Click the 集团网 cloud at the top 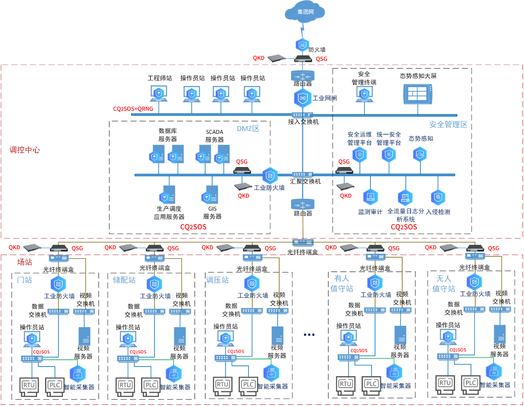click(305, 13)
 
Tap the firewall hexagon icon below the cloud click(302, 45)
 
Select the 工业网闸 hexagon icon click(303, 98)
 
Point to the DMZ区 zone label click(248, 129)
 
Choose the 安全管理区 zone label click(448, 124)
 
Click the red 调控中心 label click(25, 150)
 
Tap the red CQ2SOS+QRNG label click(133, 109)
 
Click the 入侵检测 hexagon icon click(438, 198)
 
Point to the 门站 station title click(24, 280)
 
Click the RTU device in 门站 click(29, 385)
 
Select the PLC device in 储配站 click(151, 385)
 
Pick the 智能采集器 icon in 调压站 click(271, 373)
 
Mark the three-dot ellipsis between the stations click(309, 335)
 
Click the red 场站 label click(24, 262)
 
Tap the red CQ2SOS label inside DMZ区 click(193, 227)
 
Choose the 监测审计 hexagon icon click(370, 197)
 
